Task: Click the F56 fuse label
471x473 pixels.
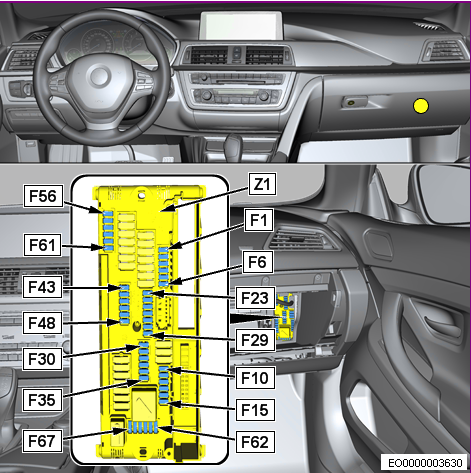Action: [x=43, y=196]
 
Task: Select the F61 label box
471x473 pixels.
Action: [x=42, y=245]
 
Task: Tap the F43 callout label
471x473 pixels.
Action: [x=42, y=287]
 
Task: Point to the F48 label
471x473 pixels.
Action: [x=42, y=323]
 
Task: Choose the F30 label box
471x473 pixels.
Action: [x=42, y=359]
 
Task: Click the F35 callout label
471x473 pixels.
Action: [x=42, y=400]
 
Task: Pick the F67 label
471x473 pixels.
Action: [x=42, y=441]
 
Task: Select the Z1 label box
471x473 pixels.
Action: [x=262, y=184]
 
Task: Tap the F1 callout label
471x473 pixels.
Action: [x=259, y=220]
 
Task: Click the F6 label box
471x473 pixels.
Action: [x=258, y=262]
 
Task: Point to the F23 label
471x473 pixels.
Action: [x=255, y=298]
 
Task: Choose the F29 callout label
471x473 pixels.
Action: [x=255, y=340]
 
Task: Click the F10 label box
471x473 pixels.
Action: [x=255, y=378]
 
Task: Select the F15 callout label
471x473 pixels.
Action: [x=255, y=410]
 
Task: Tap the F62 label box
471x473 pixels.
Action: [x=255, y=442]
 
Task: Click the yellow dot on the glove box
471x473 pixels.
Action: [x=421, y=106]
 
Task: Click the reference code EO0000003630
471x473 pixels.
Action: [x=425, y=463]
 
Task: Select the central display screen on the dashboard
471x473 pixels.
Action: [x=241, y=25]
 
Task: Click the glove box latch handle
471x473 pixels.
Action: [x=354, y=102]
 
